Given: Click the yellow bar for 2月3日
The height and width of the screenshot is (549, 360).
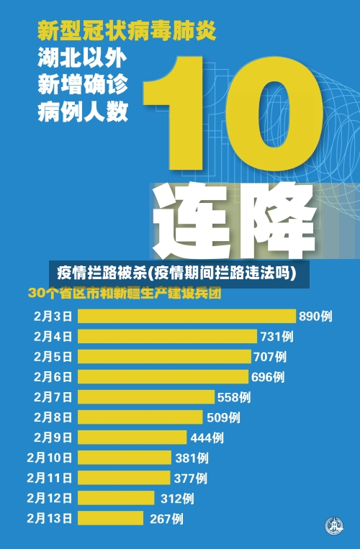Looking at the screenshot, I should coord(186,315).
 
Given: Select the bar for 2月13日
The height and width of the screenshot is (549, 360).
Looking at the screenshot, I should coord(112,517).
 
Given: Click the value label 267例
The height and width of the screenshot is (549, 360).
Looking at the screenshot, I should coord(166,518).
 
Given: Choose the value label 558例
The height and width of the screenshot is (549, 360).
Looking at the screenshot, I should coord(234,396).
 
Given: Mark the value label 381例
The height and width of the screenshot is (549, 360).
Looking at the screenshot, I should coord(192,457).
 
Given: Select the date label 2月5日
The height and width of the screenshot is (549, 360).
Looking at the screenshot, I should coord(53,356).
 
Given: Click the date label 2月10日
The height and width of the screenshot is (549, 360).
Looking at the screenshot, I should coord(50,457).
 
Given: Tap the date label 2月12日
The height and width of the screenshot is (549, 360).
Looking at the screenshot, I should coord(50,497).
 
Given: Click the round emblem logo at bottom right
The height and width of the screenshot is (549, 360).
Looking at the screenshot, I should coord(333,526).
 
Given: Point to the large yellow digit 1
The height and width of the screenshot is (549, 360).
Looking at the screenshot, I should coord(189,115).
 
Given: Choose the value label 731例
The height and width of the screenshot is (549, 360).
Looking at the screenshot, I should coord(276,336).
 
